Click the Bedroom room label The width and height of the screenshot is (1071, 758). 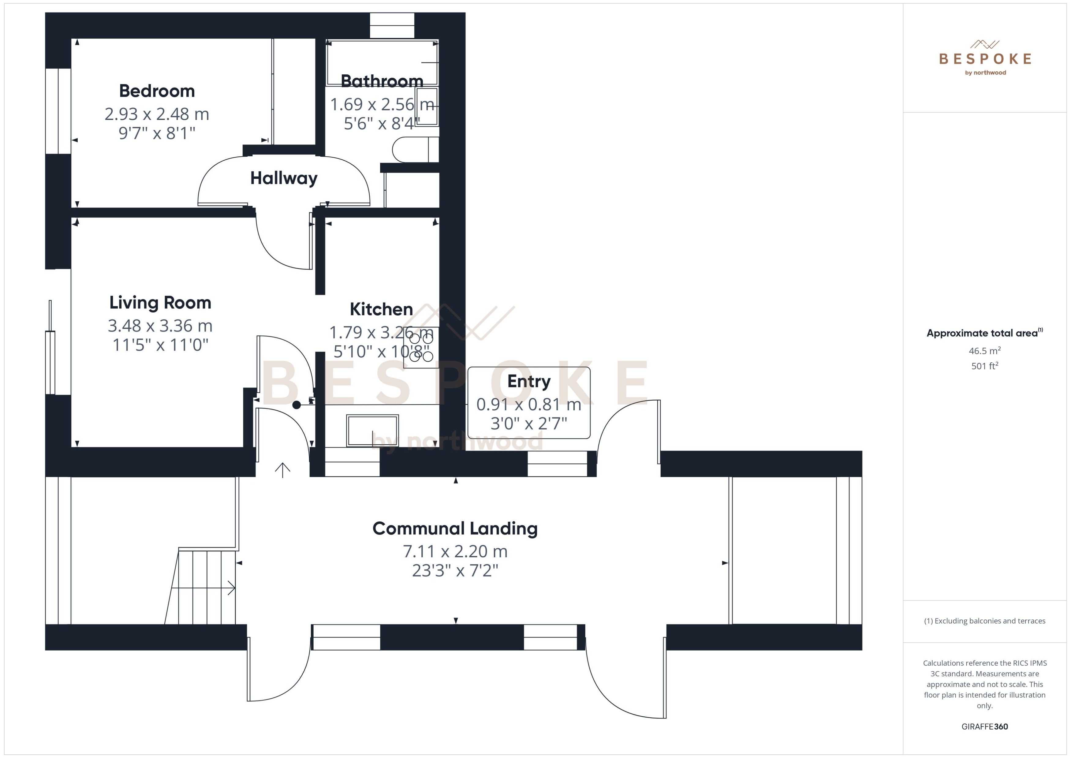pos(157,91)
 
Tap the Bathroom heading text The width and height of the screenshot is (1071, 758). pos(382,81)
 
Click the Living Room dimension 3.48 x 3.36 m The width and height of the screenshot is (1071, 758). pos(160,325)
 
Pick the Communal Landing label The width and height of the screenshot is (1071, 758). pos(455,528)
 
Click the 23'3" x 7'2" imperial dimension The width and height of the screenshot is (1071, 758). pos(455,570)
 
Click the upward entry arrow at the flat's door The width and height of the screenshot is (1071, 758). pos(282,470)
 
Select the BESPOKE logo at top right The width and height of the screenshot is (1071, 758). pos(985,59)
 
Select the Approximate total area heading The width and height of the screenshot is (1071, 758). pos(982,333)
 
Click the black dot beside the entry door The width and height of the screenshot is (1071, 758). pos(296,405)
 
